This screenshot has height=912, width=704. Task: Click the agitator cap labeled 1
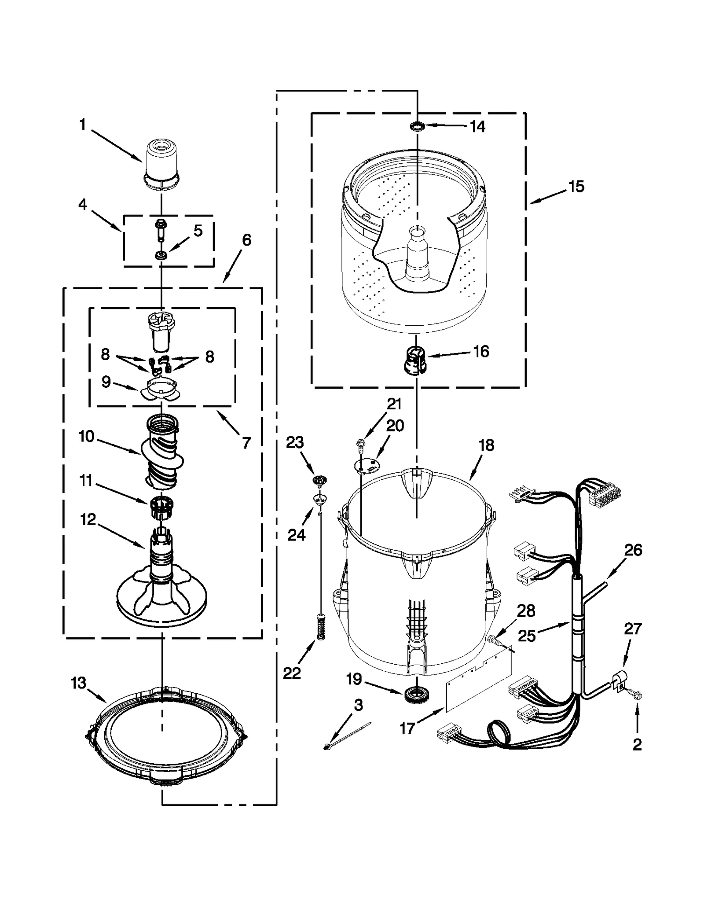click(162, 165)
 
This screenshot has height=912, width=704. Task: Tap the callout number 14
click(477, 127)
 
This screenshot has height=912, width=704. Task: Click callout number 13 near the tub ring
click(78, 683)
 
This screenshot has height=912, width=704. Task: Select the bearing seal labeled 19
click(414, 694)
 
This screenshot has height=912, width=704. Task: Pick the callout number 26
click(633, 550)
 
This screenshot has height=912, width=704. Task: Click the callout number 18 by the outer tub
click(486, 445)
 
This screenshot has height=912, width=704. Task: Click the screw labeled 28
click(494, 640)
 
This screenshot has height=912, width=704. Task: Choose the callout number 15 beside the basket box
click(576, 187)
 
